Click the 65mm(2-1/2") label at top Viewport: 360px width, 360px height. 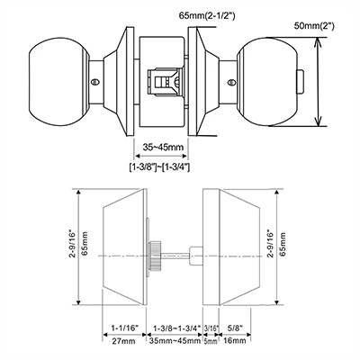(207, 15)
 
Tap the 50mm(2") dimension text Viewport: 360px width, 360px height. (314, 26)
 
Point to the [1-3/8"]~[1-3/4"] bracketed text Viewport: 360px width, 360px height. (159, 166)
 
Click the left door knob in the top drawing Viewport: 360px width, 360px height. (59, 81)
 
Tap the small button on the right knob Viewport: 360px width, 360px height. (301, 81)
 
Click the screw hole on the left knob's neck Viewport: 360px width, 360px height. (95, 82)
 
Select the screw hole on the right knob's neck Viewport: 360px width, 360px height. (230, 82)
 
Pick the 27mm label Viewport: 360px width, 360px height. (123, 341)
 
